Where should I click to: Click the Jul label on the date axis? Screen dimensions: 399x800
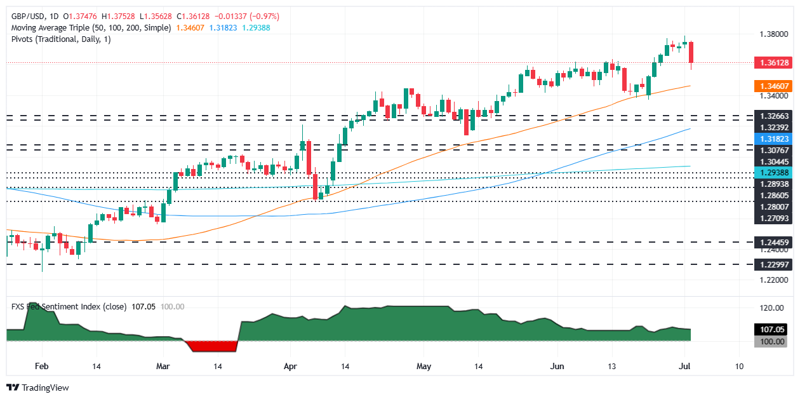coord(685,367)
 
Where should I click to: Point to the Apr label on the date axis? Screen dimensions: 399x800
coord(290,367)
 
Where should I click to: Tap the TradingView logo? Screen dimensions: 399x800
coord(37,388)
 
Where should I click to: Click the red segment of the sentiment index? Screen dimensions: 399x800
coord(211,346)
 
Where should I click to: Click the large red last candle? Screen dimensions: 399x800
coord(691,52)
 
